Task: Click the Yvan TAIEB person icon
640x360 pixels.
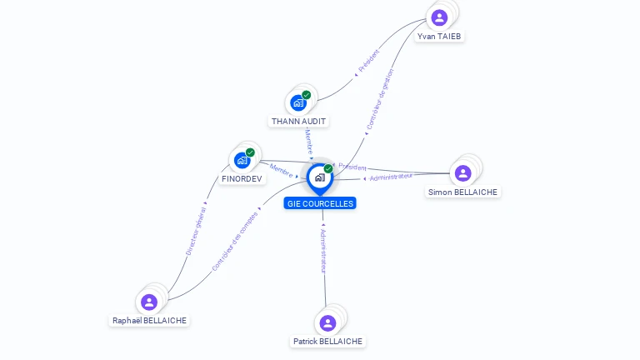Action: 439,17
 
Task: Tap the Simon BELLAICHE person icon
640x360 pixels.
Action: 462,173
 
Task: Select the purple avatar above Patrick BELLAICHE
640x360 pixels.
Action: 327,322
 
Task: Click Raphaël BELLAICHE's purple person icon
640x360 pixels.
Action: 149,302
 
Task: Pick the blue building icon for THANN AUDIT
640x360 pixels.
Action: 298,102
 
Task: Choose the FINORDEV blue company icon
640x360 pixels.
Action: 242,160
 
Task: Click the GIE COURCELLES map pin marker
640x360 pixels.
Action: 320,179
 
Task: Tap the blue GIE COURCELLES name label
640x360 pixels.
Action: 320,203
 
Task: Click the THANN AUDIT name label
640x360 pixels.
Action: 298,121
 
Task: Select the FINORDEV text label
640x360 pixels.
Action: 242,179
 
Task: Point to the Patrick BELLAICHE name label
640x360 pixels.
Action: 327,341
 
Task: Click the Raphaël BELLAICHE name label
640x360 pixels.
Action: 149,320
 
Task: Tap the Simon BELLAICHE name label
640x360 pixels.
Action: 462,192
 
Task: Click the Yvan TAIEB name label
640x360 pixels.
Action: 439,37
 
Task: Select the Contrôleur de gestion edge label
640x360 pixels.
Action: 380,99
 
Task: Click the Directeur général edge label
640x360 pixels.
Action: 196,231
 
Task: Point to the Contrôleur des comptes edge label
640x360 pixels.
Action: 235,241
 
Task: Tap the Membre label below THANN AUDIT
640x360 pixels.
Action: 309,142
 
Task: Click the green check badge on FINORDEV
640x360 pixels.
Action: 250,152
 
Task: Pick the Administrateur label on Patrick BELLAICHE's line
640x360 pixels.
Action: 323,252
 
